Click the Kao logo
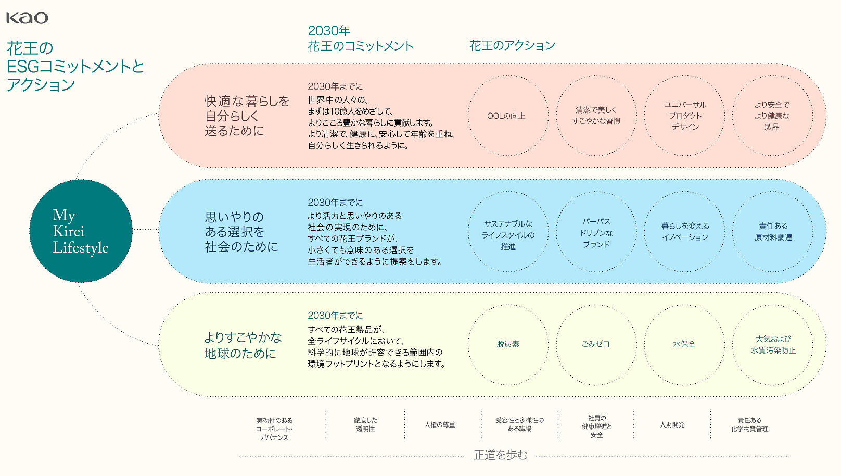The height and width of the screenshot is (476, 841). [28, 18]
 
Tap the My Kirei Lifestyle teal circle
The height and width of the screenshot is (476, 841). [81, 231]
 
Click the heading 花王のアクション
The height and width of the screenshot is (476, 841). [512, 45]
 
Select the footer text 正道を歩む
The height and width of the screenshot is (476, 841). [501, 455]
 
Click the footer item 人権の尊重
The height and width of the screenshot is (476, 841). [440, 424]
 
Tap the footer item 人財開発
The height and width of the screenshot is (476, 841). [672, 424]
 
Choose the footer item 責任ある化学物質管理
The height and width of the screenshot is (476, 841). [749, 424]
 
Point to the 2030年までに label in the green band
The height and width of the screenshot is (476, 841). [335, 315]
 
